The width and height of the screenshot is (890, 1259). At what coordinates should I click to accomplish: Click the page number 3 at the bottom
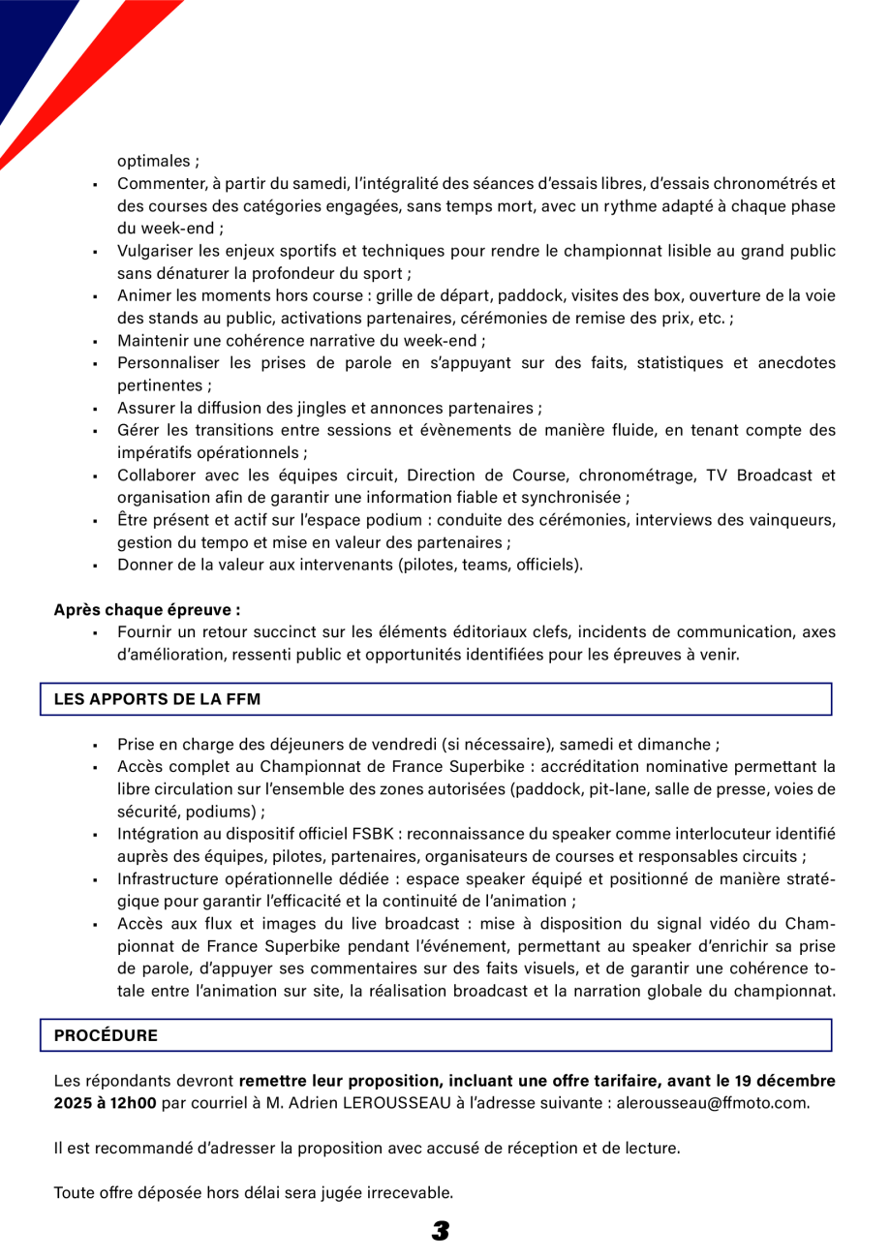point(441,1231)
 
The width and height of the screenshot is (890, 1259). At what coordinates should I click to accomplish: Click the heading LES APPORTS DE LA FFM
point(157,698)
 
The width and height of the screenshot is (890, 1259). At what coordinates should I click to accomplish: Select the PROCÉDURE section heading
point(106,1034)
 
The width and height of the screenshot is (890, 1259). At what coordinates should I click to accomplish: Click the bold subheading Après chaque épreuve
point(146,611)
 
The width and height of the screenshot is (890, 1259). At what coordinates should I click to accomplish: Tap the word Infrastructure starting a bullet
point(165,878)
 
